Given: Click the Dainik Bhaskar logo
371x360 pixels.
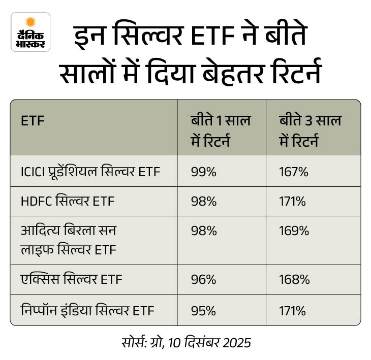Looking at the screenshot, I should click(x=31, y=32).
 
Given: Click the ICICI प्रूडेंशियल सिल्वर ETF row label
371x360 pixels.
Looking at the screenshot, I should click(x=90, y=172).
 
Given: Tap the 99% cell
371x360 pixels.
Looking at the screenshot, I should click(x=204, y=172).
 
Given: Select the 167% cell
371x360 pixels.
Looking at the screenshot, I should click(x=294, y=172).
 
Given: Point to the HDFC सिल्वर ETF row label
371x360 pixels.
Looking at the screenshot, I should click(x=68, y=201).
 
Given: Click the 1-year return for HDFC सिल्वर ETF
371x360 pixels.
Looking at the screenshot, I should click(x=204, y=201).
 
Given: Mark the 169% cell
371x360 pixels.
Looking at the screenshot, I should click(x=294, y=231).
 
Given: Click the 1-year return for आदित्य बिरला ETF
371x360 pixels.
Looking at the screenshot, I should click(x=204, y=231).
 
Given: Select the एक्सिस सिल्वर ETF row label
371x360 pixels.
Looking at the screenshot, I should click(x=71, y=279).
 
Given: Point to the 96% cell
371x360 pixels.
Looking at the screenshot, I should click(x=204, y=279).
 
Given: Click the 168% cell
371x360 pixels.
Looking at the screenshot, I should click(x=294, y=279).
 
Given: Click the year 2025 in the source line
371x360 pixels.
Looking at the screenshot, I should click(x=237, y=343).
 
